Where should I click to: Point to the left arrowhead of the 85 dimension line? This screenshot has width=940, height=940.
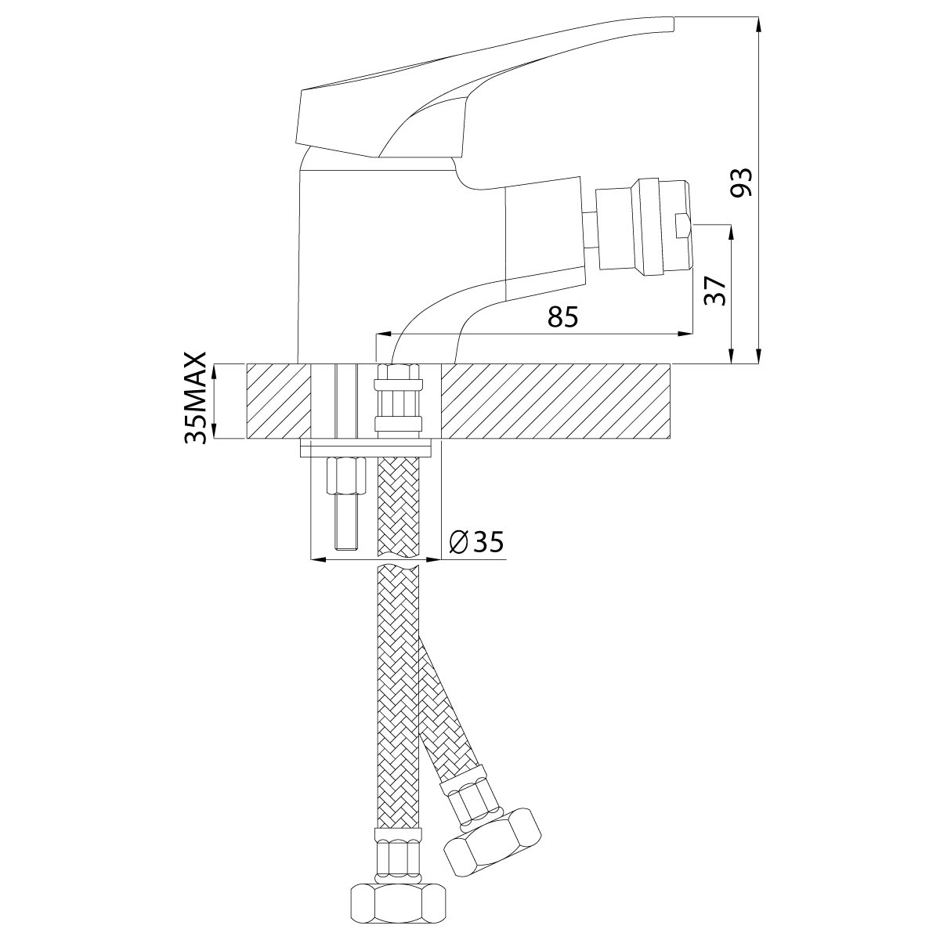tap(384, 334)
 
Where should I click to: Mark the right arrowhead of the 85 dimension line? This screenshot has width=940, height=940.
tap(685, 334)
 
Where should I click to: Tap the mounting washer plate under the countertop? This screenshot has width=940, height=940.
tap(367, 448)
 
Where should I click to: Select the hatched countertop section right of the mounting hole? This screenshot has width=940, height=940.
tap(556, 401)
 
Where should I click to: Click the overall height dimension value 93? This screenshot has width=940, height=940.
tap(741, 183)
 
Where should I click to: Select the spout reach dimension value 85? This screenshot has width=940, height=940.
tap(562, 317)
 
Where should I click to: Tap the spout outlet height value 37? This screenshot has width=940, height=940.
tap(716, 291)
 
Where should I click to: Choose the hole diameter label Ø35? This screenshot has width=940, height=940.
tap(476, 541)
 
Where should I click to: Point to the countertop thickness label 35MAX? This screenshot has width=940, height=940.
tap(196, 398)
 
